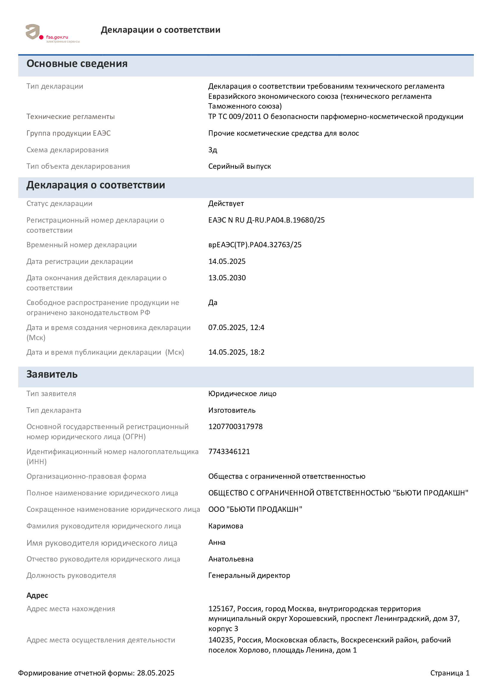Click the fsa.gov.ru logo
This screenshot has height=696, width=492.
pos(52,34)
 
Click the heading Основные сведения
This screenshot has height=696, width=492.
pos(77,64)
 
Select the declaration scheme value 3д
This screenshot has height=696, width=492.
pos(213,150)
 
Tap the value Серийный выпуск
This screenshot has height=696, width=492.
pos(240,166)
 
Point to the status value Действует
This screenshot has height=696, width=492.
pos(226,204)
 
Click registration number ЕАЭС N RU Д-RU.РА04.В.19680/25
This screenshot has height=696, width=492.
pos(266,220)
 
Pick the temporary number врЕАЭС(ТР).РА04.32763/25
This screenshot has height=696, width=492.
pos(255,245)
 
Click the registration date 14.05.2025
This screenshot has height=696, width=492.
pos(227,261)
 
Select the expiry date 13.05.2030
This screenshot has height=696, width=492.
pos(227,278)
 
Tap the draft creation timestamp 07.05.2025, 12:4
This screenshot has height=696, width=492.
pos(236,327)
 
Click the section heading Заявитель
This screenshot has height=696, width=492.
pos(52,374)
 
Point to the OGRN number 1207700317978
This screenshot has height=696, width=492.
pos(235,426)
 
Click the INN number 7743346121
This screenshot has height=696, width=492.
pos(229,451)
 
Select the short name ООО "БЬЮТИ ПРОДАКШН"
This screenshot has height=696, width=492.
pos(255,509)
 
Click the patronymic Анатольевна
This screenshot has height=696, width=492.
pos(231,559)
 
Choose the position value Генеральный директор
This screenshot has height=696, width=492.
pos(249,575)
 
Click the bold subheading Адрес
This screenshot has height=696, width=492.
pos(37,595)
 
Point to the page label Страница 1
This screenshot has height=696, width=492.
pos(449,673)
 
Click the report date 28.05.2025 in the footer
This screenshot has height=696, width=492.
pos(155,673)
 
